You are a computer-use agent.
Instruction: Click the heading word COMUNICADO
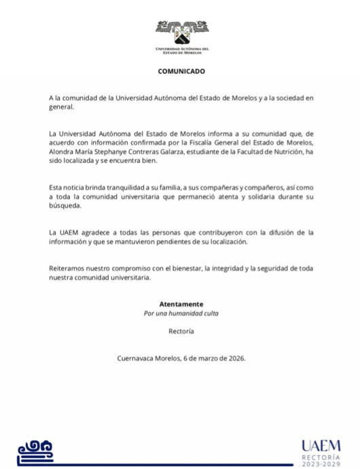coord(181,71)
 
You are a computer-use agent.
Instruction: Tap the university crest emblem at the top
coord(181,31)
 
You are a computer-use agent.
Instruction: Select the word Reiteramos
coord(69,268)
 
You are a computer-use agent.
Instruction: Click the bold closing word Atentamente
coord(181,304)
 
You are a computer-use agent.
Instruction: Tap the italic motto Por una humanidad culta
coord(181,313)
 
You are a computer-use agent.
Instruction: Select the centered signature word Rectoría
coord(181,331)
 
